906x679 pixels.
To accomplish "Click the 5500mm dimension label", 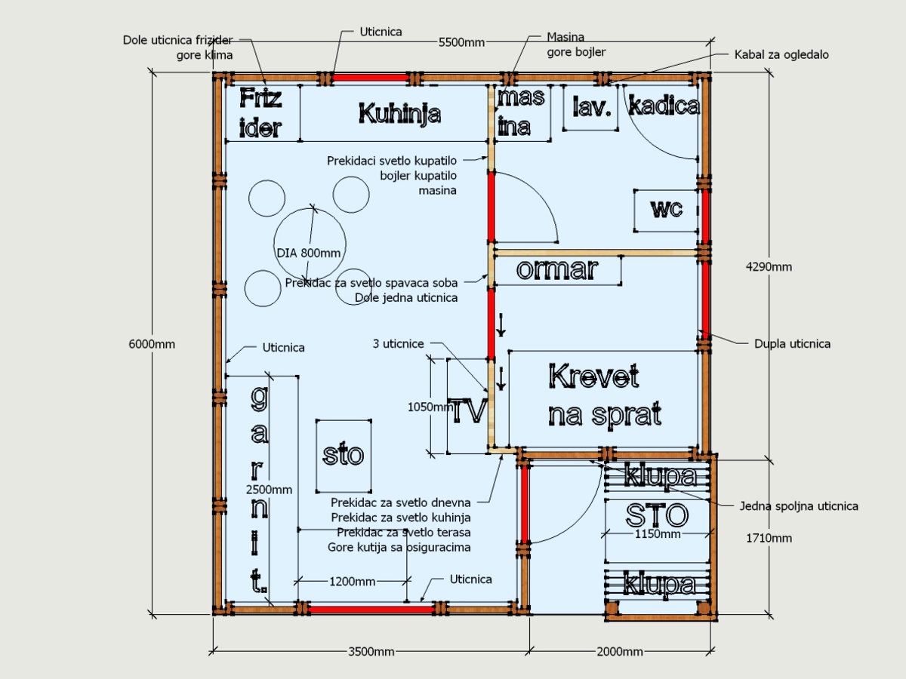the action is [x=461, y=42].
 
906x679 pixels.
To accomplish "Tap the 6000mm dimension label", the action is [x=152, y=344].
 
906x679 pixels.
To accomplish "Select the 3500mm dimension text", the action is [x=371, y=651].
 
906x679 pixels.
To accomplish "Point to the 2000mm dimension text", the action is [x=620, y=651].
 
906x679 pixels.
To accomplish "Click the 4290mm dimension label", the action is [x=769, y=267].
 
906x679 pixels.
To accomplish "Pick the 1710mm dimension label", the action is [x=769, y=538].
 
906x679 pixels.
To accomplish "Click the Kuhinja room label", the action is [x=399, y=114].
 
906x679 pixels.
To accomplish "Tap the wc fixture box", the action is [x=666, y=210].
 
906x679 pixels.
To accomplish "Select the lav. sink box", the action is [x=590, y=108].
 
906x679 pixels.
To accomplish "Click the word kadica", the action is [x=664, y=106].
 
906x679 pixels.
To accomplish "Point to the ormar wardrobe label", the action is [x=557, y=269].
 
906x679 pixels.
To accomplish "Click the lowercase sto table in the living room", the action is [x=344, y=456].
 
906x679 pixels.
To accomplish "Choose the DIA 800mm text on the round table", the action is [x=308, y=253].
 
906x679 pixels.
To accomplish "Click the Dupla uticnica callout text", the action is [x=792, y=344].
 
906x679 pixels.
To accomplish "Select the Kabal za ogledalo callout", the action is [x=781, y=54].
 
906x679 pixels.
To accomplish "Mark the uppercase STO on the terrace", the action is [x=657, y=515].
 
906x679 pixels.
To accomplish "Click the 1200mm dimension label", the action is [x=352, y=581].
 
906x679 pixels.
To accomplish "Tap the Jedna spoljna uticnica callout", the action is [x=799, y=505].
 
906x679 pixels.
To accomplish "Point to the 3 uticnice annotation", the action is [x=399, y=344].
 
